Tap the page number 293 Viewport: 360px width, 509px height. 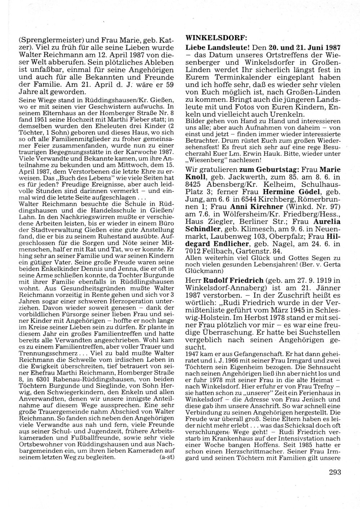click(x=334, y=472)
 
